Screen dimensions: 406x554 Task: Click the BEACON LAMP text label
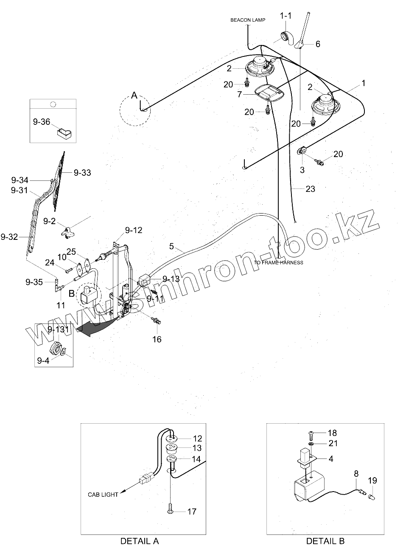[x=248, y=20]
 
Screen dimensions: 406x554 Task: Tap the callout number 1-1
[x=286, y=15]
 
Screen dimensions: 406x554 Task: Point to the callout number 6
[x=318, y=44]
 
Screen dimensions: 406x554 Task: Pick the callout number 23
[x=310, y=188]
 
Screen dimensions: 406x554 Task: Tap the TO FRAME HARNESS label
[x=278, y=262]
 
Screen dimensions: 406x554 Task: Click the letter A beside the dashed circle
[x=134, y=96]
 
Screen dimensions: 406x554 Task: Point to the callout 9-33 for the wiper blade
[x=82, y=173]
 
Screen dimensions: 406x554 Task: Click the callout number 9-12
[x=133, y=230]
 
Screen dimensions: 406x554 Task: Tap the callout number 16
[x=157, y=339]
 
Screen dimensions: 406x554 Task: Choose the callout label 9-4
[x=43, y=361]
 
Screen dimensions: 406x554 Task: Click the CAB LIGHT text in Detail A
[x=103, y=495]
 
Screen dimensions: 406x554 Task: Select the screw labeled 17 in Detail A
[x=171, y=508]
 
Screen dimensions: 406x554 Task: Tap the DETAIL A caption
[x=140, y=541]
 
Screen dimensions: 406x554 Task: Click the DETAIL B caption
[x=325, y=541]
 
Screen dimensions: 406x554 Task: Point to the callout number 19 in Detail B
[x=372, y=481]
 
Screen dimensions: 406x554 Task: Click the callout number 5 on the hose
[x=171, y=246]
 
